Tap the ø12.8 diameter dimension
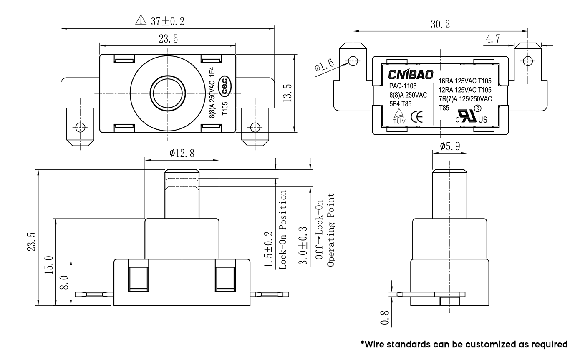point(182,154)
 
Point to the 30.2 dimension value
point(440,25)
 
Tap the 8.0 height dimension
point(65,282)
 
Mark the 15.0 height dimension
point(48,264)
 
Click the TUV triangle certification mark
point(399,116)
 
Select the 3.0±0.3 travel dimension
point(304,246)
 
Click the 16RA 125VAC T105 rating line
point(465,81)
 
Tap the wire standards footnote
point(464,345)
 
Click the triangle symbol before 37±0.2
point(140,20)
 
